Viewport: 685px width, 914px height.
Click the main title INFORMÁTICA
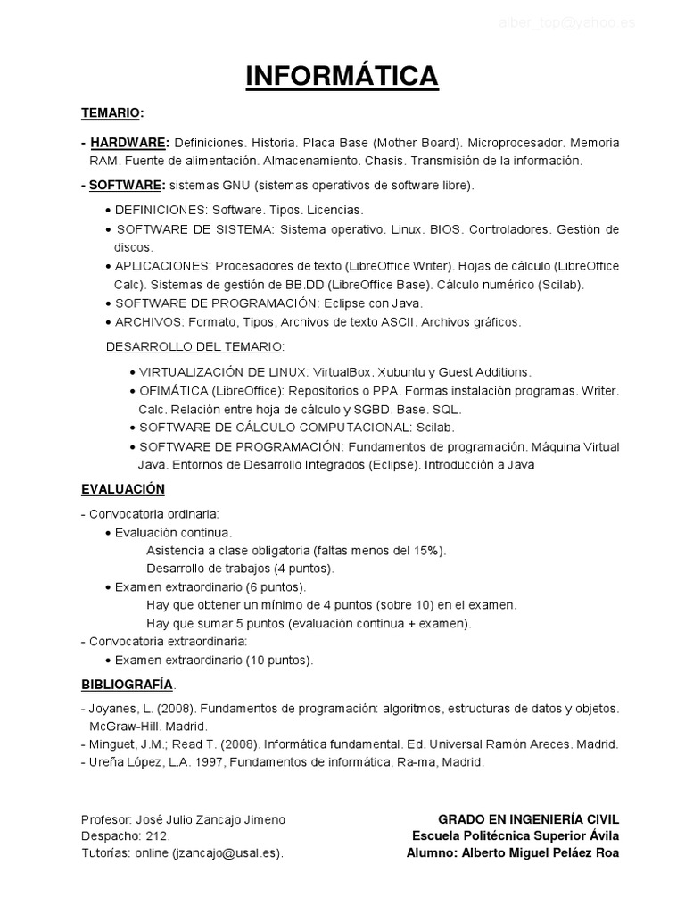click(x=342, y=76)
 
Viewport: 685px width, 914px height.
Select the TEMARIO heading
click(x=111, y=114)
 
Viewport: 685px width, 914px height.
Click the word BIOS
click(x=445, y=229)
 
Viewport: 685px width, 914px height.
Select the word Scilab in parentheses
click(x=559, y=285)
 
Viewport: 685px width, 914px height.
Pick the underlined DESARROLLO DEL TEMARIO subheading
click(x=194, y=345)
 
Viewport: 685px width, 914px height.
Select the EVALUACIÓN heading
click(x=123, y=490)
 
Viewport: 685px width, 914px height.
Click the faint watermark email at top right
click(x=566, y=23)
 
